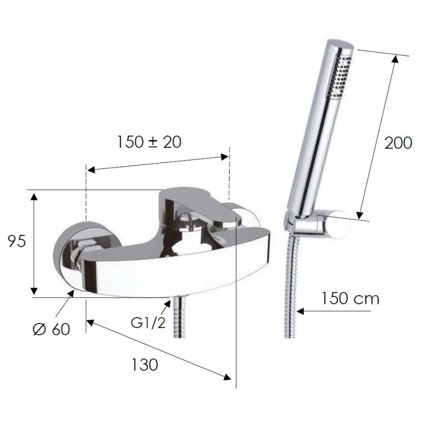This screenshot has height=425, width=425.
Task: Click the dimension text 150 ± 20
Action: [x=149, y=142]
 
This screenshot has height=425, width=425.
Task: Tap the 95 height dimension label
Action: [x=17, y=241]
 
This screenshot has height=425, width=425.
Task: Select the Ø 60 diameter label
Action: [x=52, y=329]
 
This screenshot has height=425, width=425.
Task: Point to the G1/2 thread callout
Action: [x=148, y=323]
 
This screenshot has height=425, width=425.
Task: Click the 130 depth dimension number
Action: [x=144, y=364]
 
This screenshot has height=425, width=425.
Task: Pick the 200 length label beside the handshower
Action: [x=398, y=143]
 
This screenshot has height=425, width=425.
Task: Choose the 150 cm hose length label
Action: [x=350, y=299]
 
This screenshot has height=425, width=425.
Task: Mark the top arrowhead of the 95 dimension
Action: [x=33, y=197]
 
